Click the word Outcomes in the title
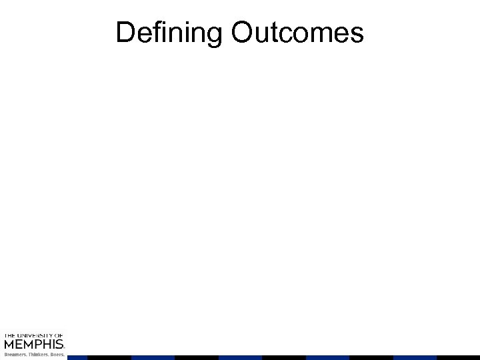[298, 33]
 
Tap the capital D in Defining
[125, 32]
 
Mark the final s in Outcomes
[357, 35]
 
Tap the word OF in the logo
[59, 335]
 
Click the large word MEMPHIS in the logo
[34, 344]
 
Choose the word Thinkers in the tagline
[37, 355]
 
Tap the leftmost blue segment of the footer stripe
[77, 358]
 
